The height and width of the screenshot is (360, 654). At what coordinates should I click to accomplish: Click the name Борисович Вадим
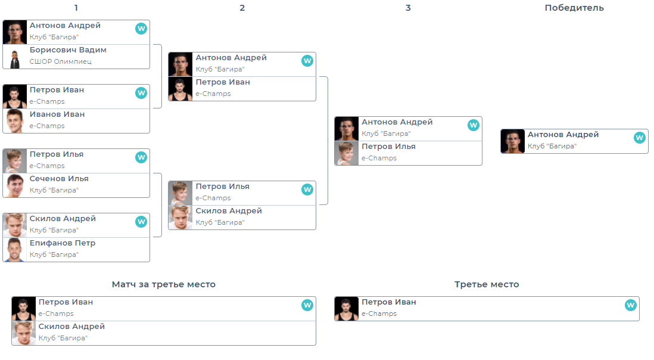(68, 50)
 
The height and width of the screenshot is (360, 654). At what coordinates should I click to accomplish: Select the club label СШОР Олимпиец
(60, 61)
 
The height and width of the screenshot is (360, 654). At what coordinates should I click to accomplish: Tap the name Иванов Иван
(57, 114)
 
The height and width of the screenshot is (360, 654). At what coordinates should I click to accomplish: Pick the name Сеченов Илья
(59, 179)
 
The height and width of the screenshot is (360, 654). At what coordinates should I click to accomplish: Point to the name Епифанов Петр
(63, 243)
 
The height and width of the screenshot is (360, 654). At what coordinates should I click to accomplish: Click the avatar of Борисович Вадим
(15, 57)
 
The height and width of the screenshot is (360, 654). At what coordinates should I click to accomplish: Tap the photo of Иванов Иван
(15, 122)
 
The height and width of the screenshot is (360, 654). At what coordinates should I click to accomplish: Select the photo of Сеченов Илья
(15, 186)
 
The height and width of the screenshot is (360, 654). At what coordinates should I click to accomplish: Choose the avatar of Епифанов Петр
(15, 250)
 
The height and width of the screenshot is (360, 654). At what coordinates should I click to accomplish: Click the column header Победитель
(574, 8)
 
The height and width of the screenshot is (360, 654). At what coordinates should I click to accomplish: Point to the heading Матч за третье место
(164, 284)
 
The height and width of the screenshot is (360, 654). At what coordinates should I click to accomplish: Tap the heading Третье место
(487, 284)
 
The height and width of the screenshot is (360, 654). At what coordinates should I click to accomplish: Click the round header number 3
(408, 8)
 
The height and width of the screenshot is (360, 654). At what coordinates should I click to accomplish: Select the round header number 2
(242, 8)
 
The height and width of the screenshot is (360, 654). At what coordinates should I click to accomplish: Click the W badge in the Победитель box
(640, 138)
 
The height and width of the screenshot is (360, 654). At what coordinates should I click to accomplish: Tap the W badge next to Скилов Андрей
(141, 222)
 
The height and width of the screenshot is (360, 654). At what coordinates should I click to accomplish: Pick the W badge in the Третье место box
(630, 305)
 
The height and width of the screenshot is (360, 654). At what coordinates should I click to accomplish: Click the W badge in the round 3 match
(474, 125)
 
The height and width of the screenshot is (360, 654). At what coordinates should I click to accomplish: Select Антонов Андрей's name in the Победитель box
(563, 135)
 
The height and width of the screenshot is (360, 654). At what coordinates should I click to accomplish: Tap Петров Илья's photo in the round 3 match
(347, 154)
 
